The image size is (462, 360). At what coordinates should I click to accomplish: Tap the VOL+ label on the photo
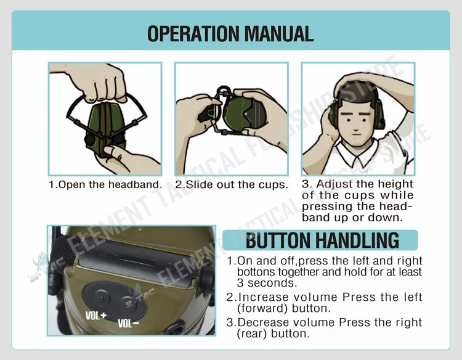[x=95, y=316]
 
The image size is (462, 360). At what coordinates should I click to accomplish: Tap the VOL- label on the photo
[x=128, y=324]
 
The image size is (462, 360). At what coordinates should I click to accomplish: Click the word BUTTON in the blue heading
[x=278, y=240]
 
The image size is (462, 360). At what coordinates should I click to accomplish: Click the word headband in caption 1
[x=136, y=184]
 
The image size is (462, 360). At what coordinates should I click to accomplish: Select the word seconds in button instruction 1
[x=272, y=283]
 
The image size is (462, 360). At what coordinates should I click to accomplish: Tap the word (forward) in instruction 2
[x=262, y=308]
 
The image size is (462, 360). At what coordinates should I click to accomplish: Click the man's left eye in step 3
[x=365, y=120]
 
